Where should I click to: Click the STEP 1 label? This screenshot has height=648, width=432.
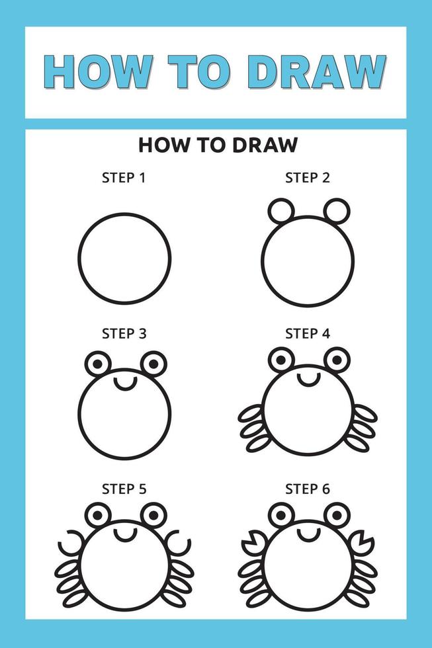click(x=124, y=177)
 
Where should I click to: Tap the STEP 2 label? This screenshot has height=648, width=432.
click(x=307, y=177)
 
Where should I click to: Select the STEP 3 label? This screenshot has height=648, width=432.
click(x=124, y=333)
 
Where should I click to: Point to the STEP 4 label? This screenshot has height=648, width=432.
click(x=307, y=333)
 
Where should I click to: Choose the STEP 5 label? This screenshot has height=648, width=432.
click(x=124, y=489)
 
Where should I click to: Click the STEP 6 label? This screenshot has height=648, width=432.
click(x=307, y=489)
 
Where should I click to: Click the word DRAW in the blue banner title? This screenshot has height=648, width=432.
click(x=320, y=71)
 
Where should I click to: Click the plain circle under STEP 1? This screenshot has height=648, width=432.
click(x=124, y=258)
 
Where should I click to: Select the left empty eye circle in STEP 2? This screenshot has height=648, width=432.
click(x=281, y=211)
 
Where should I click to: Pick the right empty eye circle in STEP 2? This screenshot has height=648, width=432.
click(x=336, y=211)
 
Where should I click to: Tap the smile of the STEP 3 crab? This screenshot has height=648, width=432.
click(x=124, y=382)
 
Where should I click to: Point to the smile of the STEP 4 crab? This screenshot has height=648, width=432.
click(x=308, y=379)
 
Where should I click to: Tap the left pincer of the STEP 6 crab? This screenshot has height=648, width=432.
click(x=252, y=544)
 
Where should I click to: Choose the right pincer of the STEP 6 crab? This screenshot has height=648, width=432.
click(x=363, y=544)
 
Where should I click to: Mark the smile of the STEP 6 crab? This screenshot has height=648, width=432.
click(x=308, y=534)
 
